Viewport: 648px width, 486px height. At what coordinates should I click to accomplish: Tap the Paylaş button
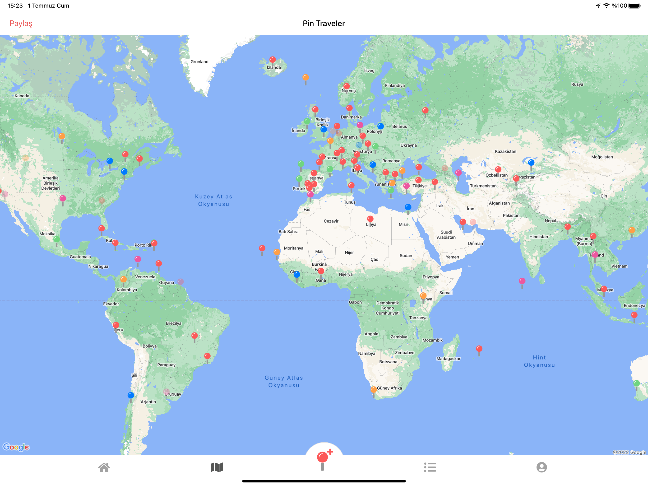(21, 23)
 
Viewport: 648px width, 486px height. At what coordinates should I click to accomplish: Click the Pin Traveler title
(324, 23)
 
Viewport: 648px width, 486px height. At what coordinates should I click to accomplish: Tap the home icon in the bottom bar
(104, 467)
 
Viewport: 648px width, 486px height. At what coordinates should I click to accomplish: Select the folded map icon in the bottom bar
(217, 467)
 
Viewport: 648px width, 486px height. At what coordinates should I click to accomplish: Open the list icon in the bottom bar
(430, 467)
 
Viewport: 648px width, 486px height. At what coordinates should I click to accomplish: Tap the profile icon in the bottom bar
(541, 467)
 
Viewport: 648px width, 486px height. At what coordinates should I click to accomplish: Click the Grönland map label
(199, 61)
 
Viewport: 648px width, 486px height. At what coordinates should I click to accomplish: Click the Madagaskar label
(448, 359)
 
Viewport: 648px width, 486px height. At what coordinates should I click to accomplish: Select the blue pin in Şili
(131, 395)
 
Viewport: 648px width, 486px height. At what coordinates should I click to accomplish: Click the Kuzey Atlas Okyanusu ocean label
(213, 200)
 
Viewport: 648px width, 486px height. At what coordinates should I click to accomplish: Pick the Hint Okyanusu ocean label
(539, 361)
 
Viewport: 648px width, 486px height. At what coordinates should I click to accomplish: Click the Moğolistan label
(602, 157)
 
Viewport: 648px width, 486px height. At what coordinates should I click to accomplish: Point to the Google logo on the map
(16, 447)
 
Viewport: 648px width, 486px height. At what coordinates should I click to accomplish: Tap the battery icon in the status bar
(634, 5)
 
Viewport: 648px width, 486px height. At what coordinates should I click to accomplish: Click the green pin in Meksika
(56, 239)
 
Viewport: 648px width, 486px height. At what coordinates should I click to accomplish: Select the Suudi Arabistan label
(446, 234)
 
